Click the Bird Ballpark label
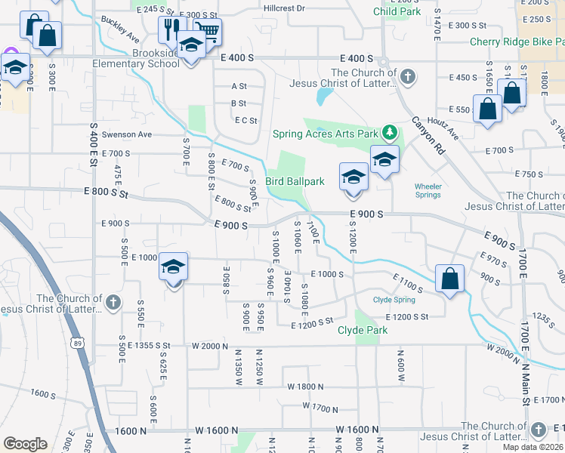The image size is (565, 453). pos(294,181)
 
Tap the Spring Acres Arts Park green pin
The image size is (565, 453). pos(390,134)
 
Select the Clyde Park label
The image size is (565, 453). pos(363,330)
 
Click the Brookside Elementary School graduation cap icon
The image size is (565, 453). pos(191,45)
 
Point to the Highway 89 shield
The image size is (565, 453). pos(79,342)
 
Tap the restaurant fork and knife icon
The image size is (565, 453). pos(171,29)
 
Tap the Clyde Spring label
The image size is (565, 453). pos(394,300)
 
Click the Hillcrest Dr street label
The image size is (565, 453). pos(285,8)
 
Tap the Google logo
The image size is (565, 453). pos(25,444)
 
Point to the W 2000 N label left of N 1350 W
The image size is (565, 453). pos(210,346)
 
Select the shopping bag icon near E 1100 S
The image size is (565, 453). pos(449,279)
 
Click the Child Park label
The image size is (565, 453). pos(397,11)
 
